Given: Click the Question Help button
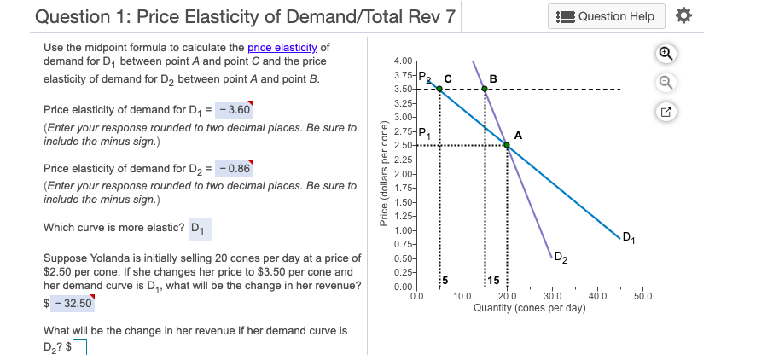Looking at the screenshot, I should [608, 16].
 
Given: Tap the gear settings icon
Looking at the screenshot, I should [682, 16].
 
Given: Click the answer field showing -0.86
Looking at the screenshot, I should [234, 168].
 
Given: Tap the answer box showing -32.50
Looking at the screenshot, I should [73, 302].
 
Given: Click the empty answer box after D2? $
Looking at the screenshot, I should [80, 346].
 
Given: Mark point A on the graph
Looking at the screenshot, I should [508, 145].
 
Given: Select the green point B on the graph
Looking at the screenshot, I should [485, 88].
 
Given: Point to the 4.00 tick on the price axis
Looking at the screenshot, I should [403, 62].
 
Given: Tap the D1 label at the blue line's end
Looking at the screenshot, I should [629, 236].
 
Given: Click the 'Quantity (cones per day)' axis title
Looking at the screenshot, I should [529, 308].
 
